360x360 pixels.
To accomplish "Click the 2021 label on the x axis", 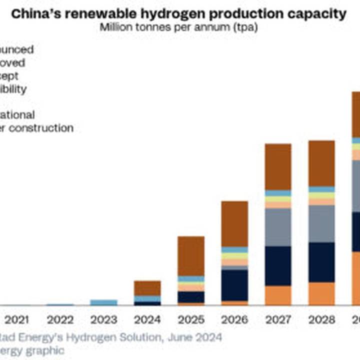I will (x=16, y=320).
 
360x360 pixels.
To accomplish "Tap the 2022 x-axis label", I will (x=60, y=320).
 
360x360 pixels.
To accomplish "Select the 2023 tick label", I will (x=103, y=320).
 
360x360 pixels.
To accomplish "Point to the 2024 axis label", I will (x=147, y=320).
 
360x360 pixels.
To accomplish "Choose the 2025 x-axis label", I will (x=191, y=320).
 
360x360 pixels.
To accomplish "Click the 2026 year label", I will (x=234, y=320).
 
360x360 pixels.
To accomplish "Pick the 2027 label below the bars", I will (x=278, y=320).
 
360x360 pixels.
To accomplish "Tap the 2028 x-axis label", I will (x=321, y=320).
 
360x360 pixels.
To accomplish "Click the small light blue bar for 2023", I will (x=103, y=302).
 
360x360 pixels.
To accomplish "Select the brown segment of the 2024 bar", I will (x=147, y=288).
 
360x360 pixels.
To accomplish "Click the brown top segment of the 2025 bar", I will (x=191, y=256).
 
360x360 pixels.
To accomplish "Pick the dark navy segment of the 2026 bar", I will (x=234, y=285).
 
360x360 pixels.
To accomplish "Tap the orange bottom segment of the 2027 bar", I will (x=278, y=295).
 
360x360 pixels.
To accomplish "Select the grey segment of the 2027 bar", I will (x=278, y=227).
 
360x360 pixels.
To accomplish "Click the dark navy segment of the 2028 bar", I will (x=321, y=262).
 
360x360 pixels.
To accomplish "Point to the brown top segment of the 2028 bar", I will (x=321, y=163).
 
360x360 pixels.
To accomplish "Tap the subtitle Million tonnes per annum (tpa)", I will (x=179, y=27).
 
